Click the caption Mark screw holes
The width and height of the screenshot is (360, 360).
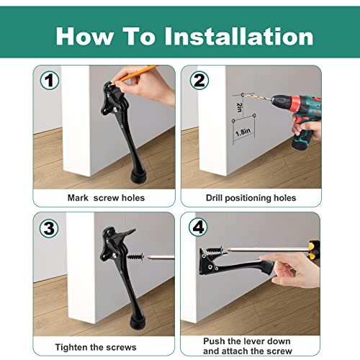pos(106,197)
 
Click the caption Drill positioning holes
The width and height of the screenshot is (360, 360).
pos(250,197)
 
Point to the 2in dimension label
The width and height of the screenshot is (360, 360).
pos(239,108)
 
